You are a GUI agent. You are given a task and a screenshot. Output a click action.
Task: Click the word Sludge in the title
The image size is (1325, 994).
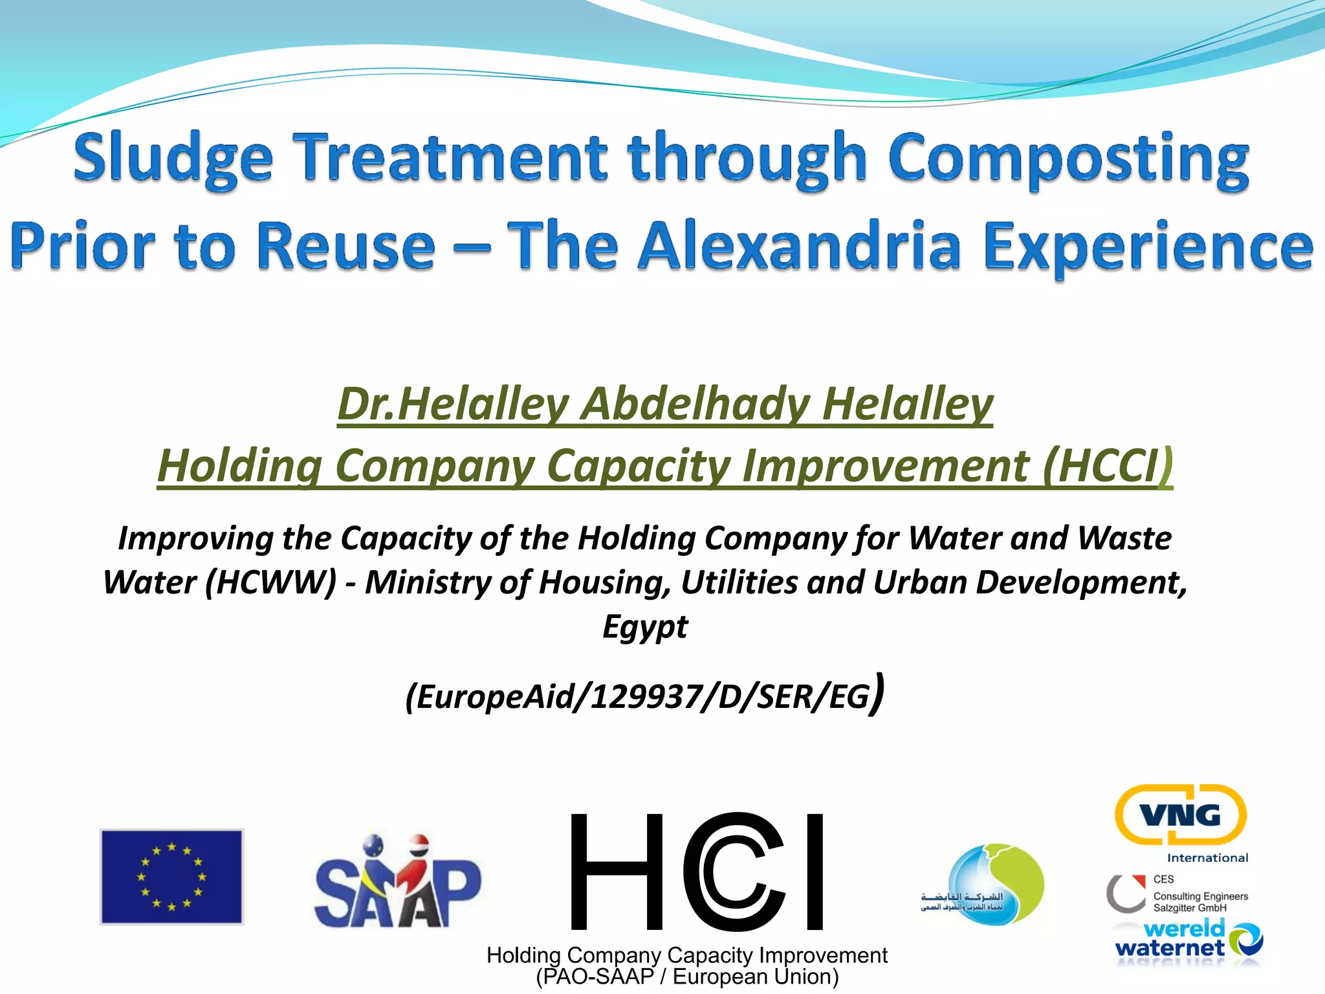pyautogui.click(x=173, y=159)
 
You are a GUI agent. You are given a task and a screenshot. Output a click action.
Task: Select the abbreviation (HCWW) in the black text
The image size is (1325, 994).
pyautogui.click(x=271, y=582)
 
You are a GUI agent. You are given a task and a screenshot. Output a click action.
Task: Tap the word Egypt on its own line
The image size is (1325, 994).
pyautogui.click(x=645, y=626)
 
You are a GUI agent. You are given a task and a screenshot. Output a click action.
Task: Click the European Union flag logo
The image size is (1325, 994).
pyautogui.click(x=171, y=877)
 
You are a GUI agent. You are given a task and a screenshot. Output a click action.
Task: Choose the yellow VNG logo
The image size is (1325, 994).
pyautogui.click(x=1180, y=815)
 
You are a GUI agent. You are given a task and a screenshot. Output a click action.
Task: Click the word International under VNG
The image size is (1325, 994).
pyautogui.click(x=1207, y=858)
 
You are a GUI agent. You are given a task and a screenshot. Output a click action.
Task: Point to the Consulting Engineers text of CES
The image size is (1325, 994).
pyautogui.click(x=1200, y=896)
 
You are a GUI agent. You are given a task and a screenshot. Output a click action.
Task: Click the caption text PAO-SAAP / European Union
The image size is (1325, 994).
pyautogui.click(x=687, y=977)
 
